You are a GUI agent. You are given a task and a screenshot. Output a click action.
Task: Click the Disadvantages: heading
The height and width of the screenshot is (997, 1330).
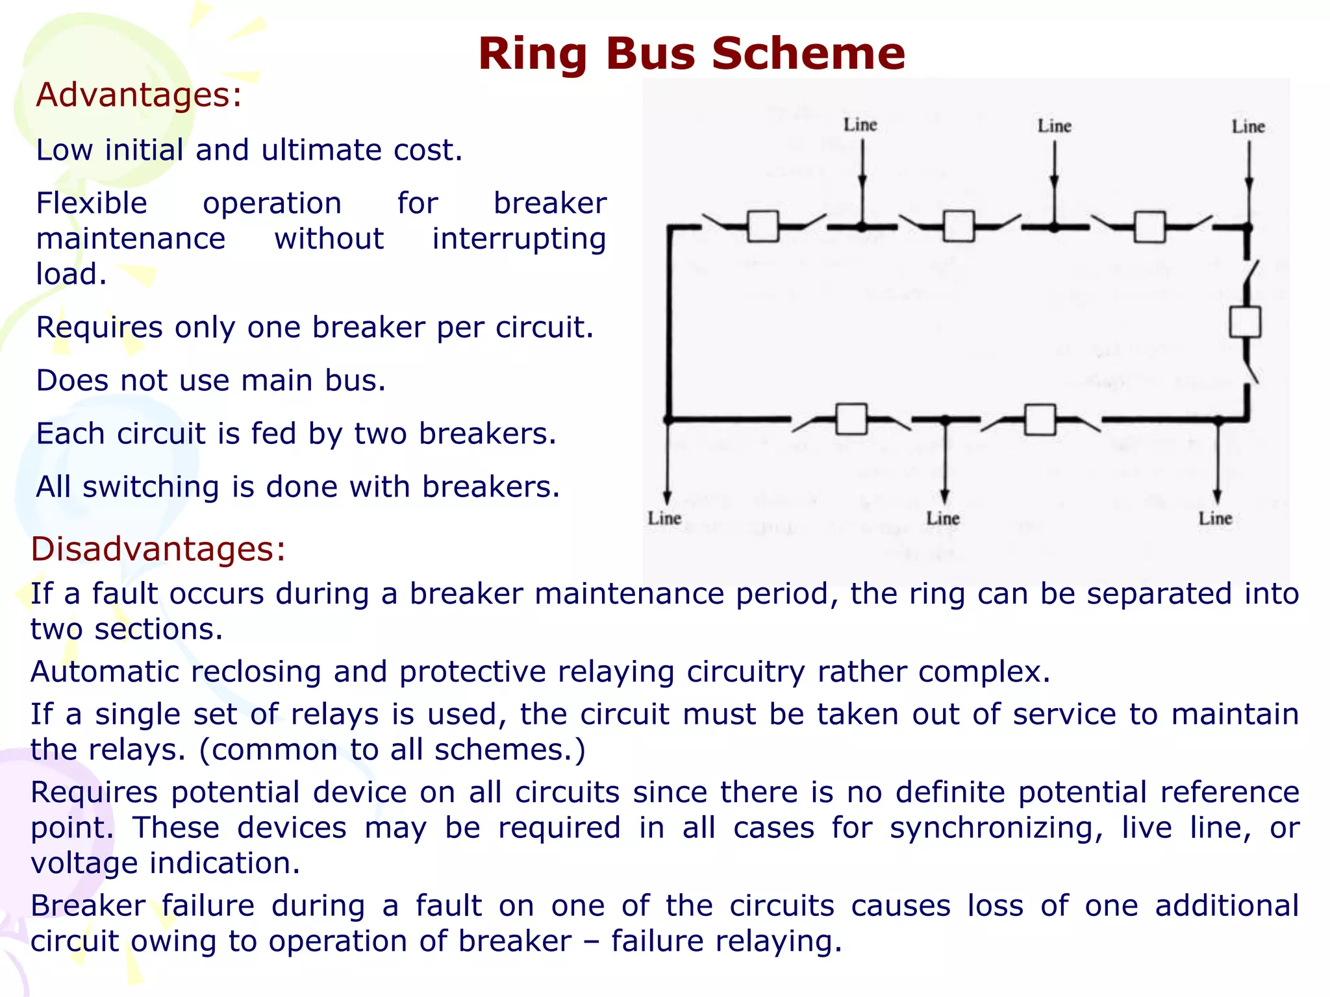(x=158, y=549)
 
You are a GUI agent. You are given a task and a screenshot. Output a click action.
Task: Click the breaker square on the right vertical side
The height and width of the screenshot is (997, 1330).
(x=1245, y=322)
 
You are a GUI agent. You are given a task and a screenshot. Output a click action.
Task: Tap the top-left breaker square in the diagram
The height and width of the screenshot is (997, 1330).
(x=763, y=227)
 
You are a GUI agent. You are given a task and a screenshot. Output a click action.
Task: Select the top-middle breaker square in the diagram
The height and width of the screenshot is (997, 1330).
(x=959, y=227)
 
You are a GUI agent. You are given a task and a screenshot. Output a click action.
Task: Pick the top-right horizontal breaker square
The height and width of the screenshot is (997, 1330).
(x=1149, y=227)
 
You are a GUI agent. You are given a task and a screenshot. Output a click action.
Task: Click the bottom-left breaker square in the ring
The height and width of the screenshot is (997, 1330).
(x=851, y=419)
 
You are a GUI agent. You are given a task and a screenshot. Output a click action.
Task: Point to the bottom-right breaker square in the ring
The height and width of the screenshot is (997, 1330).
(x=1040, y=419)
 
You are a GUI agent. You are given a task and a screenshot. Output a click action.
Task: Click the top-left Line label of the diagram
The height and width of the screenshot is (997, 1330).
(x=860, y=125)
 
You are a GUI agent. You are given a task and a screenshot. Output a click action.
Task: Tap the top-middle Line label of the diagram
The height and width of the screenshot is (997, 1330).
(x=1054, y=126)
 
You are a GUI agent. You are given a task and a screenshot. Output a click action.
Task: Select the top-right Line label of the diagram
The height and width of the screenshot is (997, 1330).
(x=1248, y=127)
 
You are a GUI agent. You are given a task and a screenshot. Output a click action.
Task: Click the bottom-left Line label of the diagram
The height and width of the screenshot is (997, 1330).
(x=664, y=518)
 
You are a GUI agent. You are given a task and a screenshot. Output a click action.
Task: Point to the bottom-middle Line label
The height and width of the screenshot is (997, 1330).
(x=943, y=518)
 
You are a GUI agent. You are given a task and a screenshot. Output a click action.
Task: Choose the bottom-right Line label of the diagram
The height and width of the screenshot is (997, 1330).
(x=1215, y=518)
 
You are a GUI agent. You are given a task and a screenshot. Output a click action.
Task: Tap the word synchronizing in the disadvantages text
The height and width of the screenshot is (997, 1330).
(x=995, y=828)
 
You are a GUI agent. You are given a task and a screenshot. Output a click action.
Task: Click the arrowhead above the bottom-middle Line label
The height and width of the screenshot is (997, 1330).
(x=945, y=497)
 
